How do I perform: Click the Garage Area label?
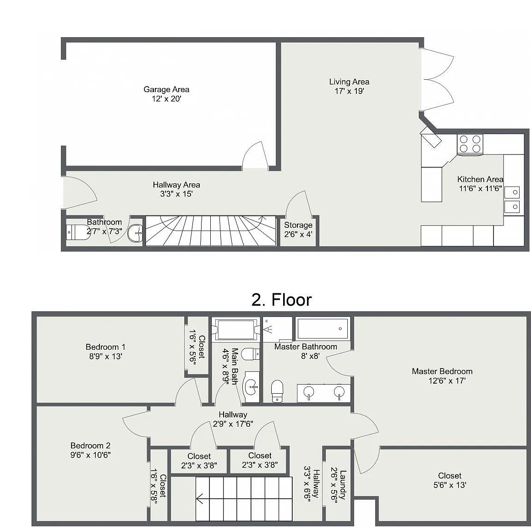166,90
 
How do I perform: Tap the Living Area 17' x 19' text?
349,86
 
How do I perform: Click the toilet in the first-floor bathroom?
78,232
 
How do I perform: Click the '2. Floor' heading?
281,300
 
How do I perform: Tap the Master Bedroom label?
442,371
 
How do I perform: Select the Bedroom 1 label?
105,347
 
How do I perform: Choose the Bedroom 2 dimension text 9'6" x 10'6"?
90,455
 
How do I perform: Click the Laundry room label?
343,484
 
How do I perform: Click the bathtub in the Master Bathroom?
323,329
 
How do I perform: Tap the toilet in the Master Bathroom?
277,391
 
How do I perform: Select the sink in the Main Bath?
252,387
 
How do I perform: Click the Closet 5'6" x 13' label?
450,480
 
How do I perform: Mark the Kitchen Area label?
480,179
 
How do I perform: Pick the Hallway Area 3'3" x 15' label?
176,189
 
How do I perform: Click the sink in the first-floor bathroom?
135,233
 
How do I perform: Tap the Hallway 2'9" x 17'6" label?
233,419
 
